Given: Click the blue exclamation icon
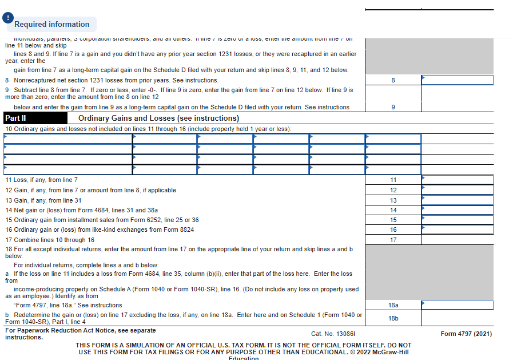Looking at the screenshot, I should [7, 18].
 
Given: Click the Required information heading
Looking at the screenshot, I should [52, 24].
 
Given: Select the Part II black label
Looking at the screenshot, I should [16, 118].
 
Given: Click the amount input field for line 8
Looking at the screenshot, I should [457, 80].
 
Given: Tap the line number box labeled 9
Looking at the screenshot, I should [393, 107].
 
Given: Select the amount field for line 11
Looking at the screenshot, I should [457, 180].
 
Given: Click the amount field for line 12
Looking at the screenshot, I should [457, 190].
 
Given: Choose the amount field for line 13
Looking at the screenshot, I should [457, 200].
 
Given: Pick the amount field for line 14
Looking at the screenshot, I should [457, 210].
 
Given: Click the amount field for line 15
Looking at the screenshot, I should [457, 220].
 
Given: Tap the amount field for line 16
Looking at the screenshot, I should [457, 230].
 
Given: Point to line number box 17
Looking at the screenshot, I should [393, 240].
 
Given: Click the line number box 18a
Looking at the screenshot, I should [393, 306].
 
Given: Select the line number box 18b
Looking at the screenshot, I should [393, 318].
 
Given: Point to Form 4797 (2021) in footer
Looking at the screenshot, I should [466, 334].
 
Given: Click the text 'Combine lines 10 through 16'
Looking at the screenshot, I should [54, 240].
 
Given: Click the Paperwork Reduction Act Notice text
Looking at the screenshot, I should [80, 331].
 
